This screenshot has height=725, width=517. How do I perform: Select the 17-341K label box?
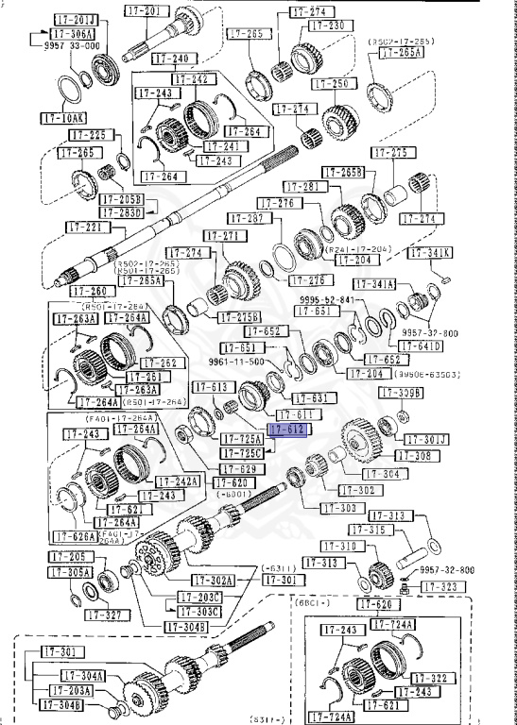click(431, 253)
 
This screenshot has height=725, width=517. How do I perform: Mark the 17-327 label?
click(106, 615)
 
